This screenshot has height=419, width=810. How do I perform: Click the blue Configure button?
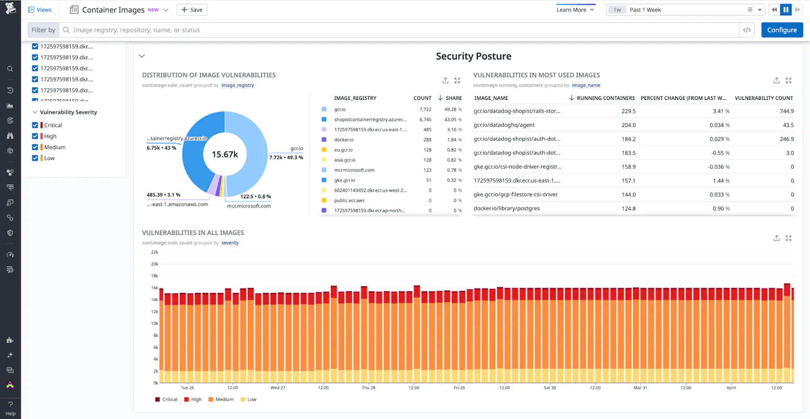(782, 30)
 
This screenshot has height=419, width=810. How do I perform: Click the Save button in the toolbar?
(192, 10)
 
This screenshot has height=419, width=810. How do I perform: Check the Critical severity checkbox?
(35, 125)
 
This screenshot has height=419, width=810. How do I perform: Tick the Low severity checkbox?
(35, 158)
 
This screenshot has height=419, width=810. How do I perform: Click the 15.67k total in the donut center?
(225, 154)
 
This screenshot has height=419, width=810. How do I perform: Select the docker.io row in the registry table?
(344, 140)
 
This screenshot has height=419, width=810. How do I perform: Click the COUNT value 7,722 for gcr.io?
(425, 109)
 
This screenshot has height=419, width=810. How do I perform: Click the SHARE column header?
(453, 98)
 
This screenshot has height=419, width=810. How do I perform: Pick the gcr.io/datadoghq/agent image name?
(504, 125)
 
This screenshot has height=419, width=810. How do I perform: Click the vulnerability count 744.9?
(786, 111)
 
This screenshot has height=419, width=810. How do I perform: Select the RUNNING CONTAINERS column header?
(605, 98)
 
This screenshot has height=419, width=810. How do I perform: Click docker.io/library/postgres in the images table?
(506, 209)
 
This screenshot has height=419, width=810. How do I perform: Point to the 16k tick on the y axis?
(154, 288)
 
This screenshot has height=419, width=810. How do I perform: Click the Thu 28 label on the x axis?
(368, 388)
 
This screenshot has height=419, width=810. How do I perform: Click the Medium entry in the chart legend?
(224, 399)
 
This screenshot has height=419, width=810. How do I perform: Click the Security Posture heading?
(473, 56)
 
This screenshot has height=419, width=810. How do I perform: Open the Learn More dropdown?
(575, 10)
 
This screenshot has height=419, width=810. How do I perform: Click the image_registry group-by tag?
(238, 86)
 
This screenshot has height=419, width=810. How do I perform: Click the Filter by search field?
(402, 30)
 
